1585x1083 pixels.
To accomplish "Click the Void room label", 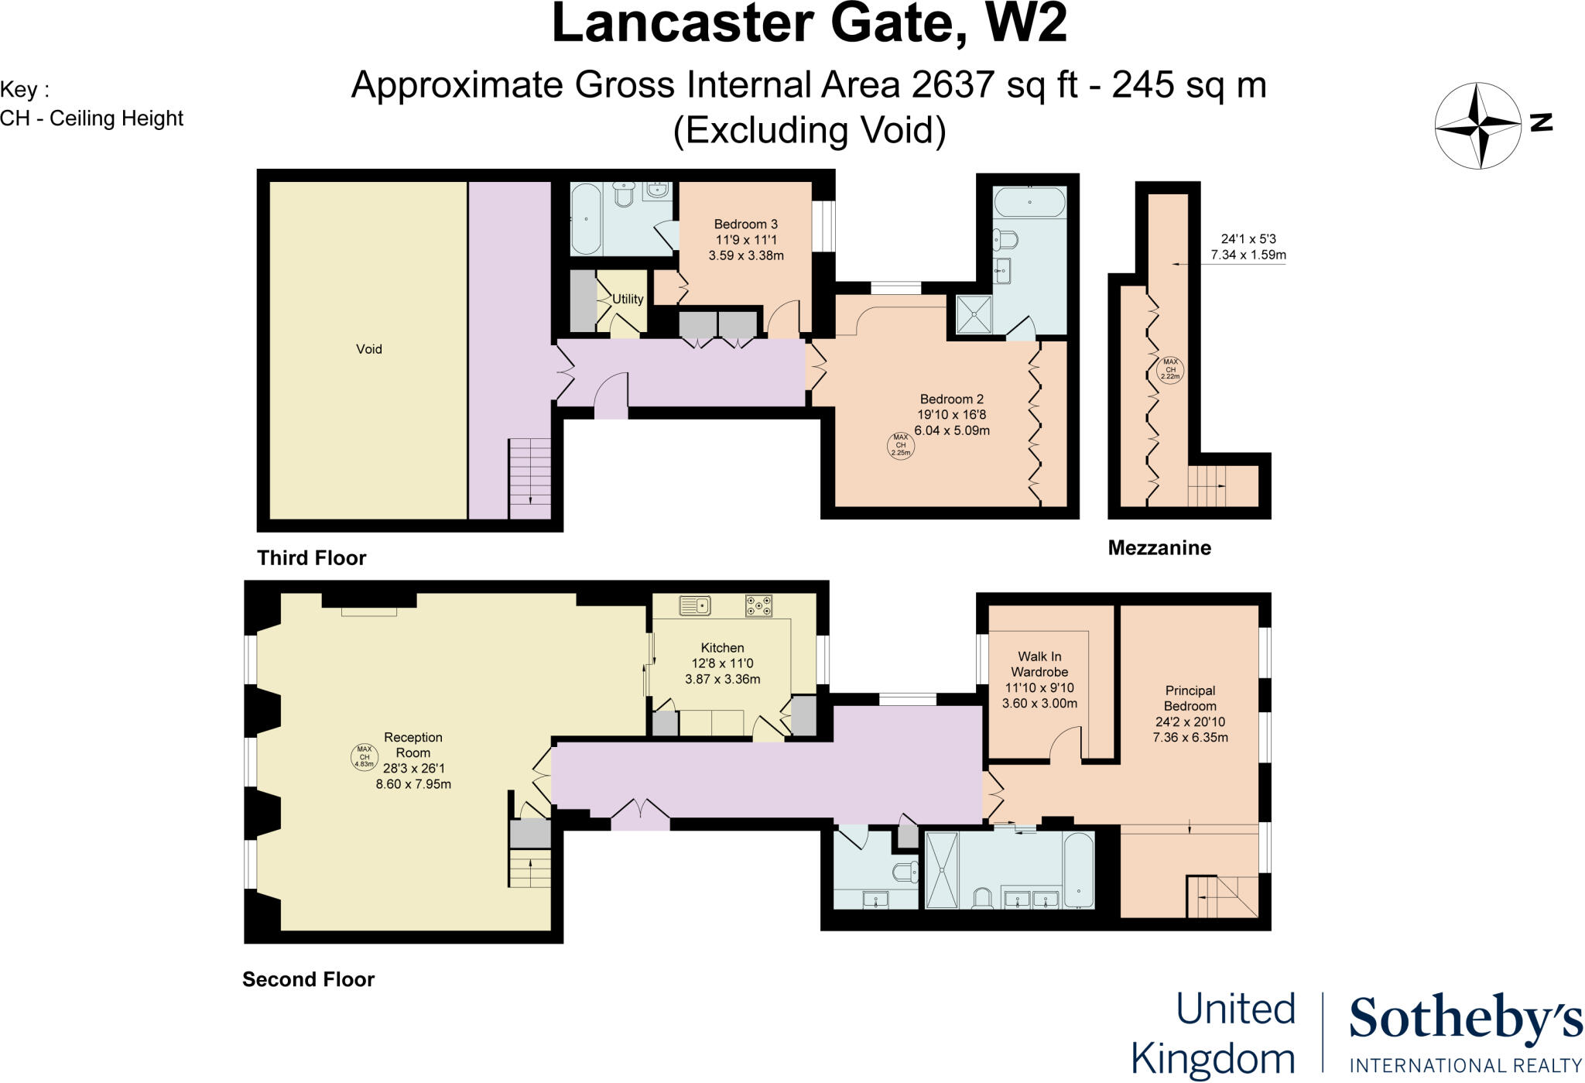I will [369, 349].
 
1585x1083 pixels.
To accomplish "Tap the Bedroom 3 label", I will [745, 224].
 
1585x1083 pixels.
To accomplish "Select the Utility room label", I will [628, 299].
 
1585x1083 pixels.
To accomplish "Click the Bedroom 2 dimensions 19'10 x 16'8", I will [952, 415].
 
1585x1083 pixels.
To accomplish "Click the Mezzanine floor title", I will [1159, 548].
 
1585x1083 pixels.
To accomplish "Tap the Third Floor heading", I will [312, 558].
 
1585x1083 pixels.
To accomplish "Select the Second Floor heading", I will [309, 979].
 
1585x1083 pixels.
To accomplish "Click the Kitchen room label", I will [722, 648].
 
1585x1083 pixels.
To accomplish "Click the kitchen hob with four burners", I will [758, 605].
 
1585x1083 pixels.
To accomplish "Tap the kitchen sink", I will [695, 605].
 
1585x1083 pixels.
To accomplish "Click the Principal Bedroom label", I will [1190, 698].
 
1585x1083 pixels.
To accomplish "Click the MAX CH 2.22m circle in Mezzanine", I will [1170, 369].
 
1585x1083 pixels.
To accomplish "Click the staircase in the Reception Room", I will [530, 868].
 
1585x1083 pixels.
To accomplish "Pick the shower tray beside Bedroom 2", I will [971, 314].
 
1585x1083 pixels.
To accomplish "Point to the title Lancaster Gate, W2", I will [809, 25].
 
